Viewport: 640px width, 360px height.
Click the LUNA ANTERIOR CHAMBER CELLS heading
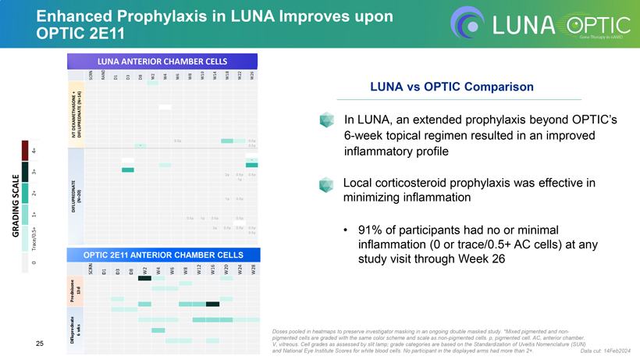coord(162,61)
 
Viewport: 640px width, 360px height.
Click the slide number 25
coord(40,344)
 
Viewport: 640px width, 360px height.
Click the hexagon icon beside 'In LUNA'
coord(326,121)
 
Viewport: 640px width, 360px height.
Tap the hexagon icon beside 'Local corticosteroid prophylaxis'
coord(326,184)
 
